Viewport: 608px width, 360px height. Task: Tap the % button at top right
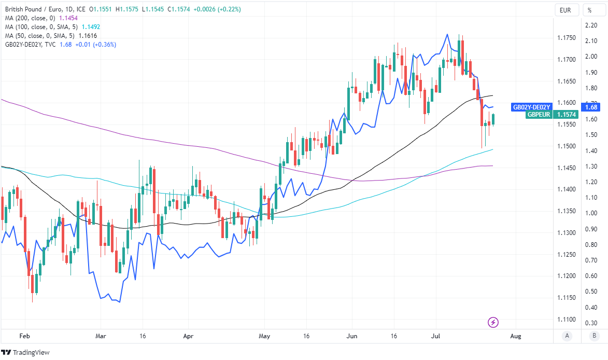pyautogui.click(x=589, y=10)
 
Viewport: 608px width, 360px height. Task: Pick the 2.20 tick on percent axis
pyautogui.click(x=591, y=25)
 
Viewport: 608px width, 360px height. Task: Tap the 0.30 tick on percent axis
pyautogui.click(x=591, y=323)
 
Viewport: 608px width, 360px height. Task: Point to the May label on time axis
pyautogui.click(x=264, y=336)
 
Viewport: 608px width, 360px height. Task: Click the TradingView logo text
pyautogui.click(x=31, y=353)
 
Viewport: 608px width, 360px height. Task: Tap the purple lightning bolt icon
pyautogui.click(x=493, y=322)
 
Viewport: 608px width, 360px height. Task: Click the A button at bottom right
pyautogui.click(x=568, y=336)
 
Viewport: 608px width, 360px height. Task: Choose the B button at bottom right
pyautogui.click(x=592, y=336)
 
